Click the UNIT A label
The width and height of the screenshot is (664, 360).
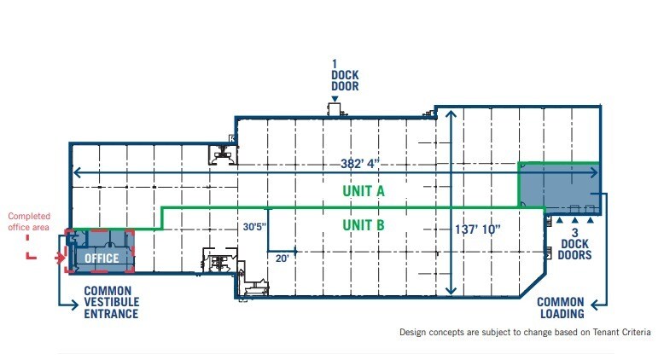point(364,192)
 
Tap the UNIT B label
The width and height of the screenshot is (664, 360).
point(364,225)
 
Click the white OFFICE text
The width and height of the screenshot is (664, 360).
point(101,258)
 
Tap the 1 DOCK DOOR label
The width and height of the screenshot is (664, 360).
point(345,75)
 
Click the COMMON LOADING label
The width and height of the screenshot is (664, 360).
point(560,308)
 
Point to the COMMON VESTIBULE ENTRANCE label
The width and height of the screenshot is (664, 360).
point(111,302)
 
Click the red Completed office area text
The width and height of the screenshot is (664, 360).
point(29,222)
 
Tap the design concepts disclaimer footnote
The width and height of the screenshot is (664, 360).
point(525,332)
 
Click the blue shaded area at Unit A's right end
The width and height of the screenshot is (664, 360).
point(559,183)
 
